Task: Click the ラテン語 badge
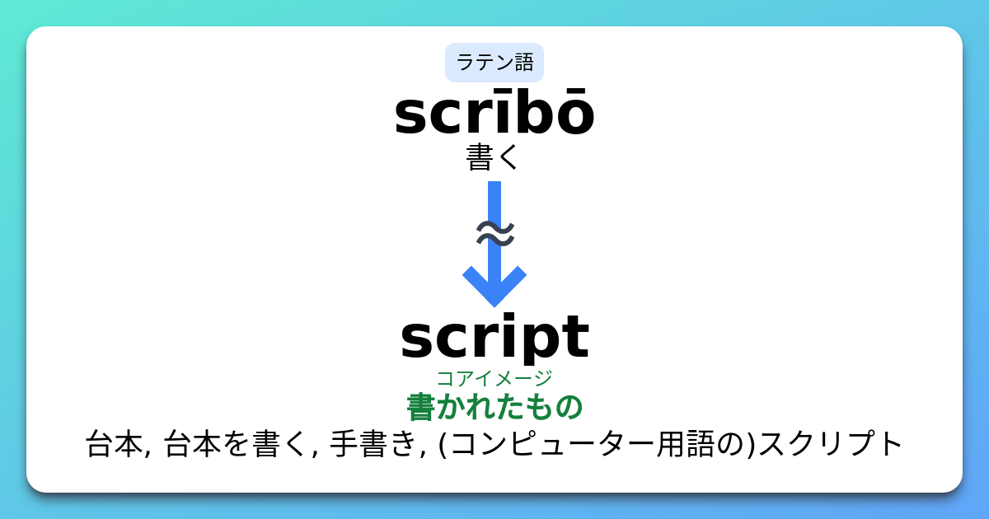tap(494, 63)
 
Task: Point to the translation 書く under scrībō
tap(493, 157)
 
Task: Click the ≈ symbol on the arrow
tap(495, 234)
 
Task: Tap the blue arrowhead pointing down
tap(494, 284)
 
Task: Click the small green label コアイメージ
tap(494, 378)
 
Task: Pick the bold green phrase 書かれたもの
tap(494, 407)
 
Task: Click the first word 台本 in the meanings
tap(113, 445)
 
